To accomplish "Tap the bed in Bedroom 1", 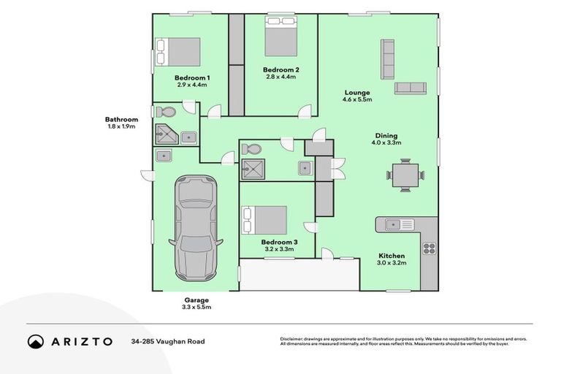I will (180, 52).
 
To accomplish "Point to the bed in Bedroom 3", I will (264, 220).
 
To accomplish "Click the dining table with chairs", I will (405, 176).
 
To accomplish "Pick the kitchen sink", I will (395, 224).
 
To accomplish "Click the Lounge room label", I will (357, 93).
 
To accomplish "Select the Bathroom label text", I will (121, 119).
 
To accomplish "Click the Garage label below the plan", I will (196, 300).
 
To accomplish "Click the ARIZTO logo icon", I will (36, 341).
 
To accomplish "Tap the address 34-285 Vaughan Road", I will (168, 341).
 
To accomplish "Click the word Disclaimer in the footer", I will (294, 339).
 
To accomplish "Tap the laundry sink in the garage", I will (164, 155).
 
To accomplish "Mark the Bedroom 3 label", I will (279, 242).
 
